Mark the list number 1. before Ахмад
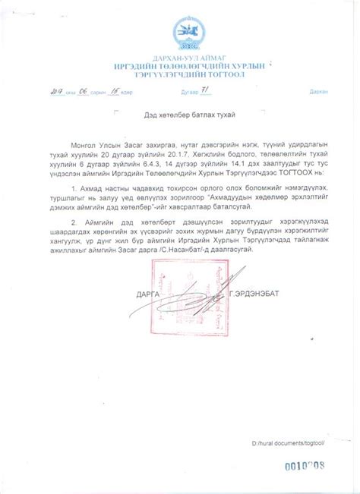click(88, 187)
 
